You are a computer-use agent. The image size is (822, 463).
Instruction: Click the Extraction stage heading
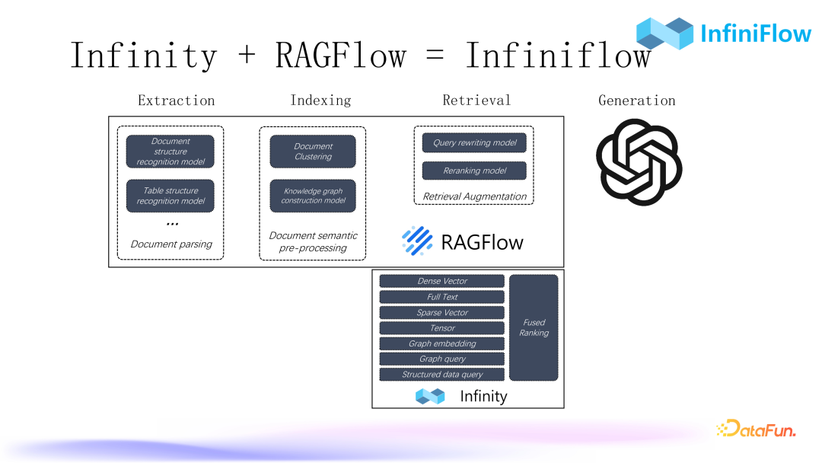pyautogui.click(x=176, y=101)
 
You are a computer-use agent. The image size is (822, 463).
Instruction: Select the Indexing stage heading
pyautogui.click(x=320, y=101)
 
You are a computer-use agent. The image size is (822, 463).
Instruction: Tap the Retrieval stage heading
pyautogui.click(x=476, y=101)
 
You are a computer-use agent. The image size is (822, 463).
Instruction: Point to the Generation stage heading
pyautogui.click(x=636, y=101)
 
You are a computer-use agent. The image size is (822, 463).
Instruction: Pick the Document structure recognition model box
pyautogui.click(x=170, y=152)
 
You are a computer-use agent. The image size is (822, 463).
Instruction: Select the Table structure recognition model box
pyautogui.click(x=170, y=196)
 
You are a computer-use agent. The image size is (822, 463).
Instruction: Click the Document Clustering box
pyautogui.click(x=313, y=152)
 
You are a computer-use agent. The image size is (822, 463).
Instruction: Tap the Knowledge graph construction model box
pyautogui.click(x=313, y=196)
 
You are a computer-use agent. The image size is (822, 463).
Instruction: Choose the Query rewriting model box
pyautogui.click(x=474, y=142)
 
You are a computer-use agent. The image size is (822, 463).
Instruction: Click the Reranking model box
pyautogui.click(x=474, y=171)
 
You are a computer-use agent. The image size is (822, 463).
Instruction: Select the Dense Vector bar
pyautogui.click(x=442, y=281)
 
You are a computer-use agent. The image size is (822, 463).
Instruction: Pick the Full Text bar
pyautogui.click(x=442, y=297)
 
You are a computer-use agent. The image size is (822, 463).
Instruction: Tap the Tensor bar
pyautogui.click(x=442, y=328)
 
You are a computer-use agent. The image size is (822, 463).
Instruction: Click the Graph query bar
pyautogui.click(x=442, y=359)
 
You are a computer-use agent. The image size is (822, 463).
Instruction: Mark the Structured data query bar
pyautogui.click(x=442, y=375)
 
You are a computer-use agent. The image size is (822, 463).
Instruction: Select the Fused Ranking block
pyautogui.click(x=534, y=327)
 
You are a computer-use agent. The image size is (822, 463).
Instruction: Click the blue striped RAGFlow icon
pyautogui.click(x=417, y=241)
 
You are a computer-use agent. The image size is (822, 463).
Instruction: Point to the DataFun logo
pyautogui.click(x=756, y=429)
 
